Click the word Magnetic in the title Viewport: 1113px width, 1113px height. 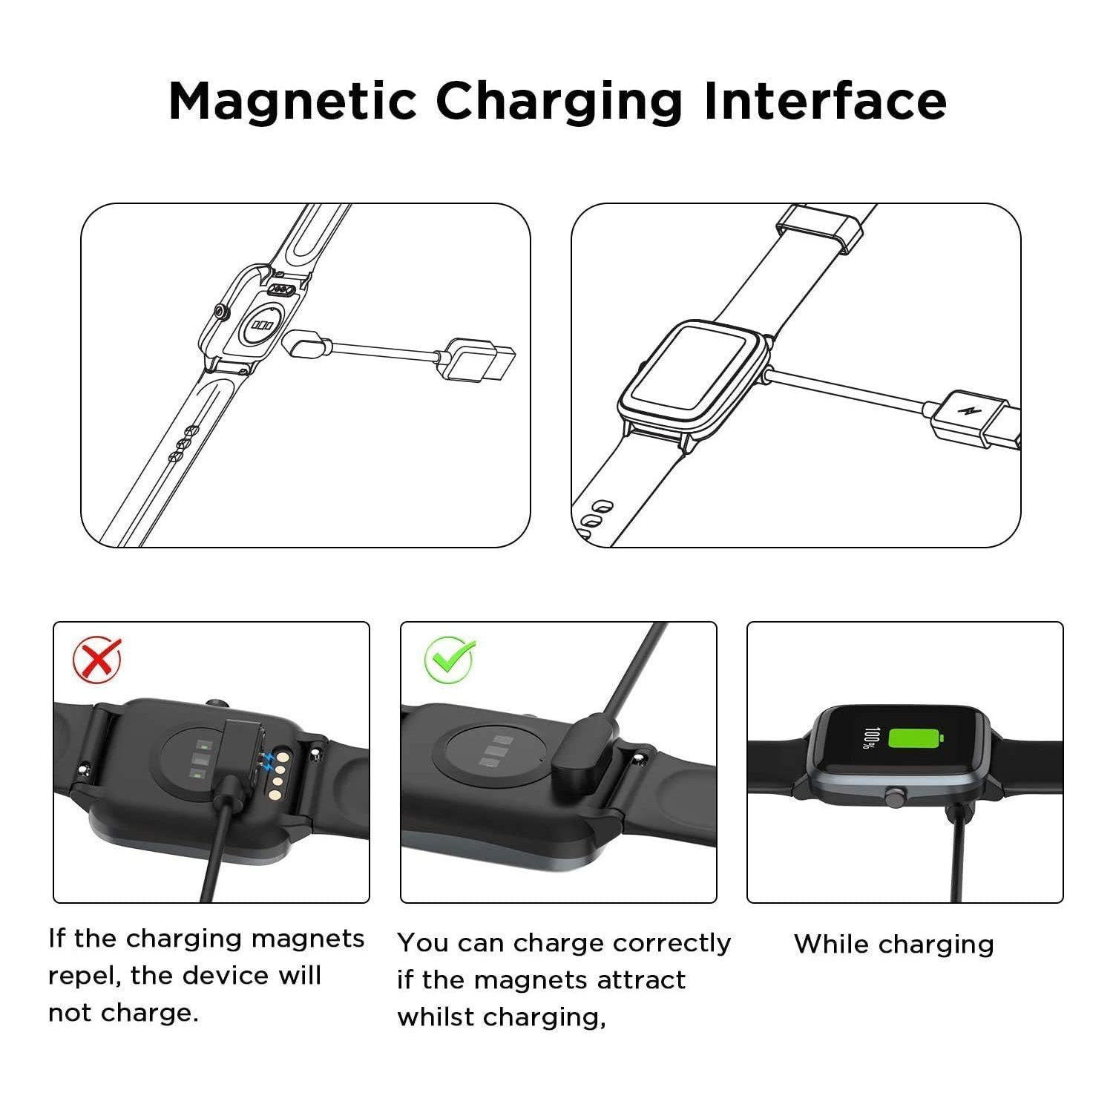coord(292,101)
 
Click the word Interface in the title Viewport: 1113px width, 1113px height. coord(824,101)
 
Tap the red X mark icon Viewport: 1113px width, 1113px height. coord(97,659)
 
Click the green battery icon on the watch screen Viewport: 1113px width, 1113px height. coord(916,738)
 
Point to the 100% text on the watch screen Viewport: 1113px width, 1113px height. coord(869,738)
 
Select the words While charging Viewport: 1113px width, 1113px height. coord(893,945)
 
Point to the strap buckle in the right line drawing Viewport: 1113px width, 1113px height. coord(820,227)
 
